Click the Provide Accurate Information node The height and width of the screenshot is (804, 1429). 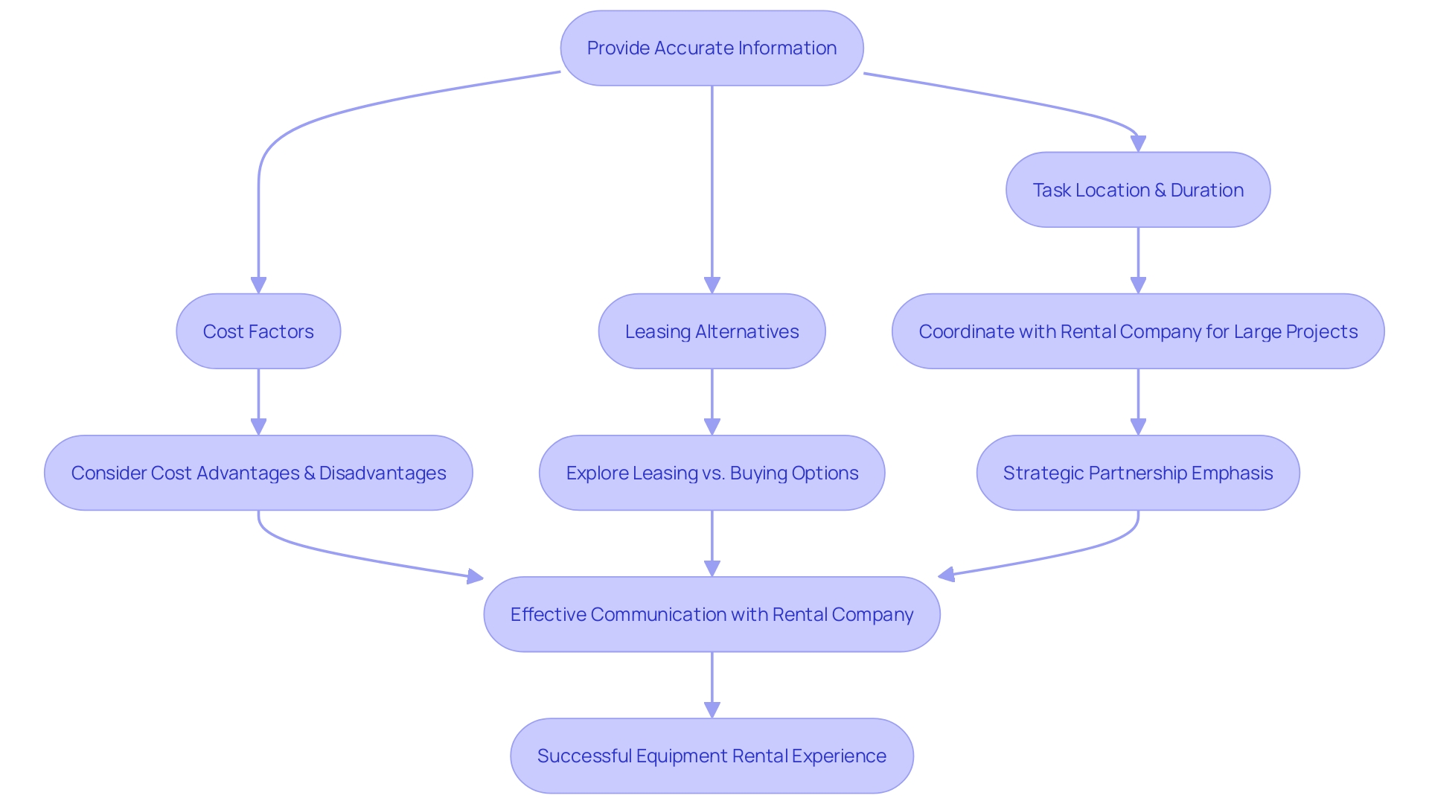(x=712, y=48)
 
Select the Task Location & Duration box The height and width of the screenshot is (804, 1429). (x=1137, y=190)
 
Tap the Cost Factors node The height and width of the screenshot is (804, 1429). (x=258, y=331)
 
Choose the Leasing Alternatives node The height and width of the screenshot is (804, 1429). (x=712, y=331)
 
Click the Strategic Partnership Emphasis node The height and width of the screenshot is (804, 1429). (x=1137, y=473)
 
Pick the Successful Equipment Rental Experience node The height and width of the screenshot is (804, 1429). (x=712, y=756)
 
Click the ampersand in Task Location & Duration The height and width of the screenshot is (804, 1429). (x=1160, y=191)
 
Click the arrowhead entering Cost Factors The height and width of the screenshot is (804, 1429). (x=258, y=286)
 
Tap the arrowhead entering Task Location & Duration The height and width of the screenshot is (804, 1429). (x=1137, y=144)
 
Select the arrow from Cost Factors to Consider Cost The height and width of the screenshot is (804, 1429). (x=258, y=398)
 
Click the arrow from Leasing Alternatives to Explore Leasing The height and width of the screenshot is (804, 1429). (x=712, y=398)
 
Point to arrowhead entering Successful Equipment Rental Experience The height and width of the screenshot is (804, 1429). (x=712, y=709)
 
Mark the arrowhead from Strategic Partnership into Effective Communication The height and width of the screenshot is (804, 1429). (x=947, y=575)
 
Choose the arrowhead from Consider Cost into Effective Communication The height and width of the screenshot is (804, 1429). (x=475, y=576)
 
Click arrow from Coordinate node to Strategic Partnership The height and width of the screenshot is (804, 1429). (x=1137, y=398)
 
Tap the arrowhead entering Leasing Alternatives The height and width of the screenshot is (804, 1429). (x=712, y=286)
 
